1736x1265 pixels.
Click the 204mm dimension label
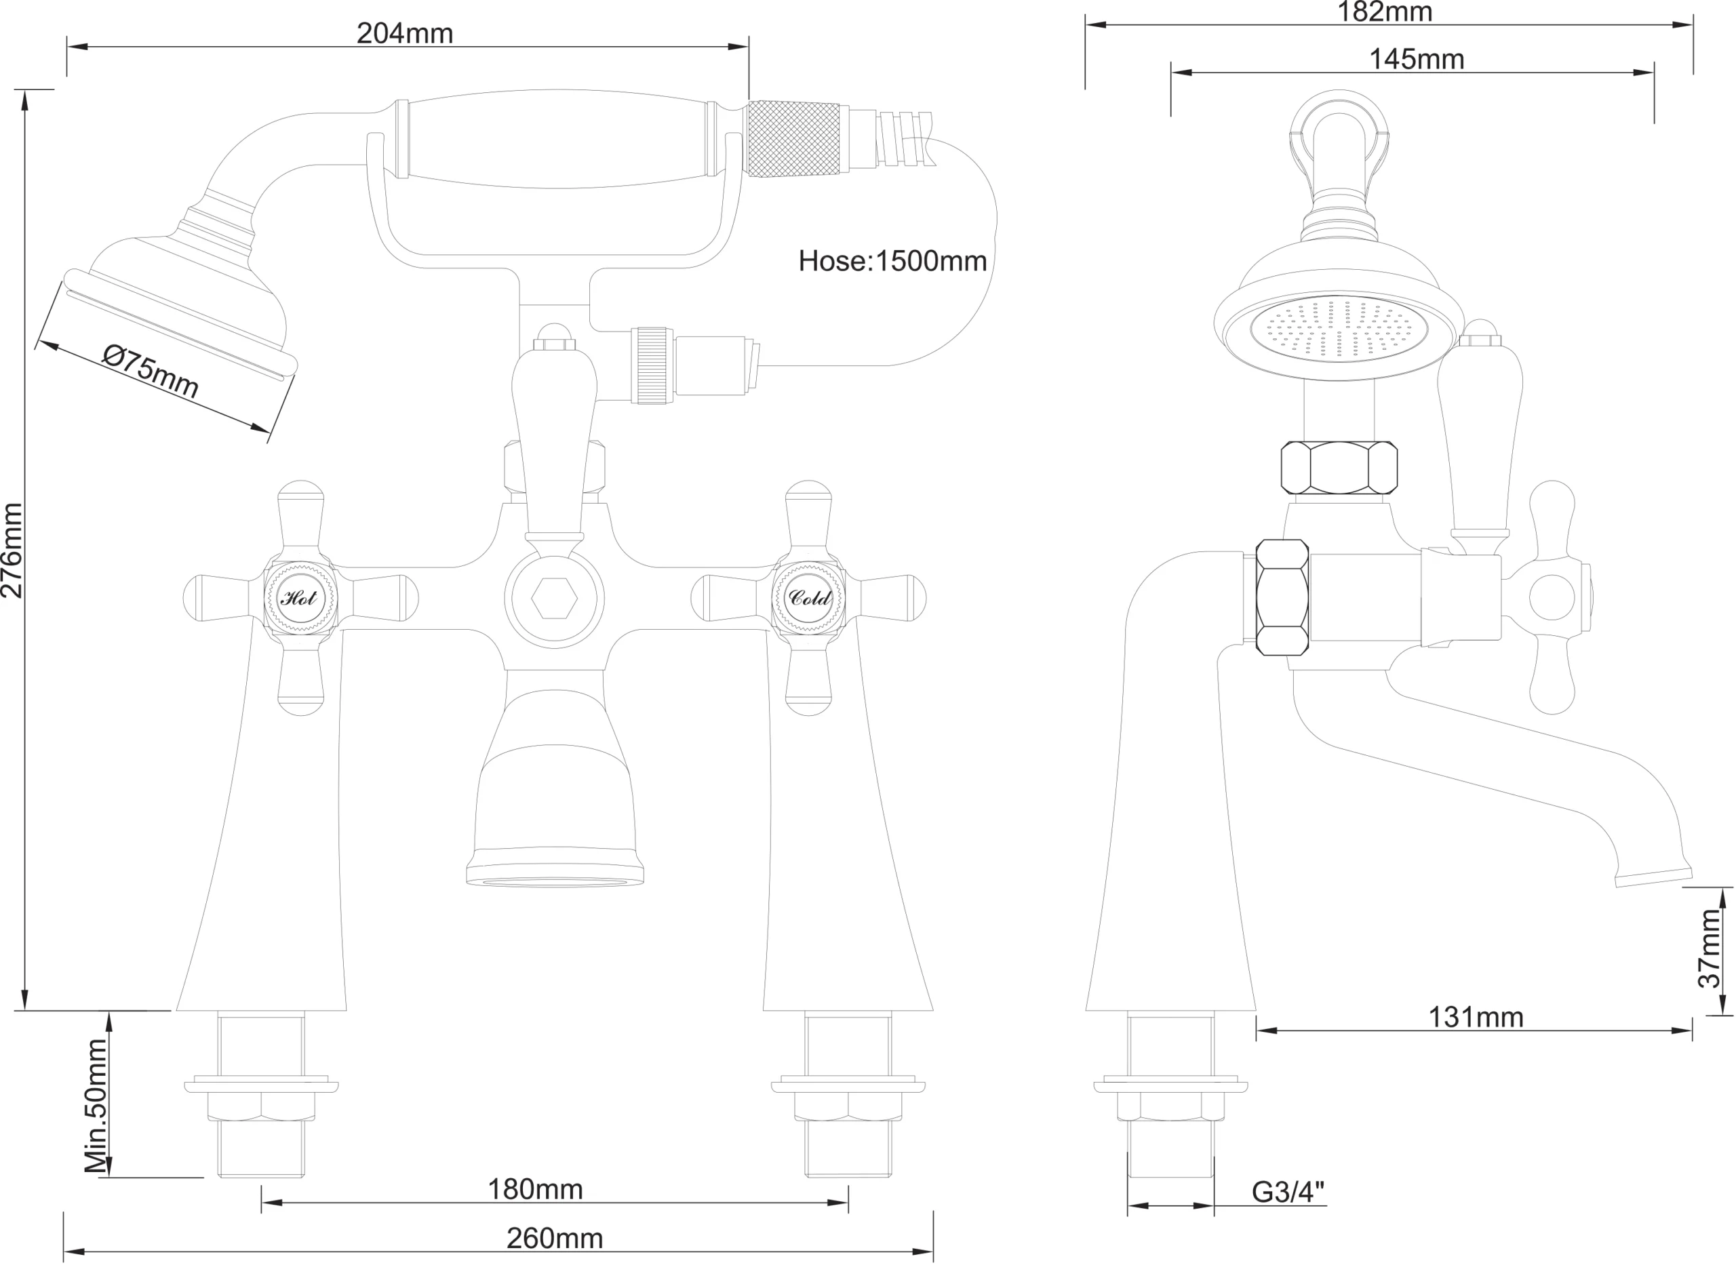tap(405, 34)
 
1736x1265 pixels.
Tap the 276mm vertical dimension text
tap(12, 550)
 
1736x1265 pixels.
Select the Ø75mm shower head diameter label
tap(151, 372)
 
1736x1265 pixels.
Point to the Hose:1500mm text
tap(892, 261)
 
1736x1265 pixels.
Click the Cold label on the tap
tap(810, 597)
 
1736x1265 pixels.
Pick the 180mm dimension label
tap(535, 1189)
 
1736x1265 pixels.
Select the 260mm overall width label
tap(555, 1238)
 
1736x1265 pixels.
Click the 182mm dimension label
tap(1385, 12)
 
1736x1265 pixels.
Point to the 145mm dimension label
tap(1417, 59)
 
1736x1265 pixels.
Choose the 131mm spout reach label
tap(1476, 1017)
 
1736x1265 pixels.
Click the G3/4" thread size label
tap(1288, 1192)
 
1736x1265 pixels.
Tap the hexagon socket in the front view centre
tap(555, 598)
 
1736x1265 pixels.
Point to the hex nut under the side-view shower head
tap(1339, 468)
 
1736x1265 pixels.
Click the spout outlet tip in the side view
tap(1654, 877)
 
